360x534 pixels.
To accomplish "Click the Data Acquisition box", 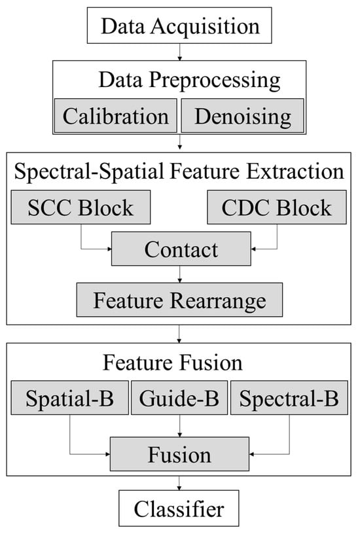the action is click(179, 26).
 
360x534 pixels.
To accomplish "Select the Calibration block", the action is click(116, 116).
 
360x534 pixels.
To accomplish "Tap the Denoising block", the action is click(242, 116).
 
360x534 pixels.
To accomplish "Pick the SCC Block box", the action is click(81, 207).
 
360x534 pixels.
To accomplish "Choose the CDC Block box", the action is click(277, 207).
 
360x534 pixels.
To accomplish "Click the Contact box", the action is click(181, 249).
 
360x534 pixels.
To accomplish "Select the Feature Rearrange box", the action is click(179, 300).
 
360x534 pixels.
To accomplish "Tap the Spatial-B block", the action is click(70, 398).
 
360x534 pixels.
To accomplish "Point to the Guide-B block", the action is click(179, 398).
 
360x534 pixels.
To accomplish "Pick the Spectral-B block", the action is click(289, 398).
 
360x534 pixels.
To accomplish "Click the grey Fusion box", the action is click(179, 454).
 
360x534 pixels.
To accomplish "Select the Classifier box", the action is click(179, 508).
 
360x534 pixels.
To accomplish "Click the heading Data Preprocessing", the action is click(189, 80).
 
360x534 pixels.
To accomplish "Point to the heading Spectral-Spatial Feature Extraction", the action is click(179, 171).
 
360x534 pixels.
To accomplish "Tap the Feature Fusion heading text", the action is click(173, 363).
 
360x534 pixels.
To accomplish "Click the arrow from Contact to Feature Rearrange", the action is click(180, 274).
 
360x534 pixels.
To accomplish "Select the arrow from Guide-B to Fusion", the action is click(180, 426).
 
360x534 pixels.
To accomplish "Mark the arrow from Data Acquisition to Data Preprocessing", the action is click(179, 52).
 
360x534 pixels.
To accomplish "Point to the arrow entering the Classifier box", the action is click(179, 483).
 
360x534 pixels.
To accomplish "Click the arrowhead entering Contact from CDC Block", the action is click(253, 249).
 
